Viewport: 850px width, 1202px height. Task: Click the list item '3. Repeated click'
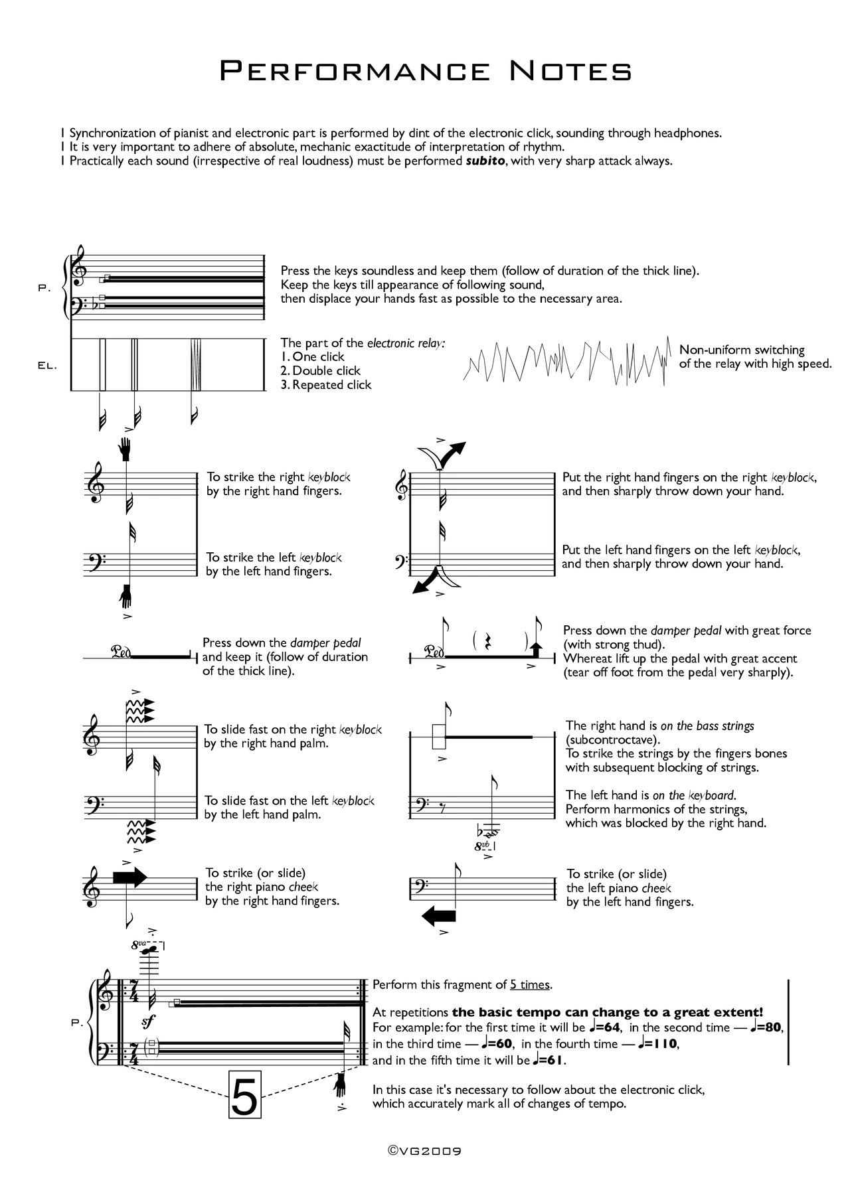coord(325,385)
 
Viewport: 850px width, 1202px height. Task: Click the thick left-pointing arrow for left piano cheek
coord(439,917)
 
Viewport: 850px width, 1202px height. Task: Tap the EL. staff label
coord(48,366)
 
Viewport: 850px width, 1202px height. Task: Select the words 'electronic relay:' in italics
coord(406,343)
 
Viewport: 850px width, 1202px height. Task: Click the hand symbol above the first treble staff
coord(126,449)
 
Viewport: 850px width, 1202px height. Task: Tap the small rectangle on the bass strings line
coord(438,737)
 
